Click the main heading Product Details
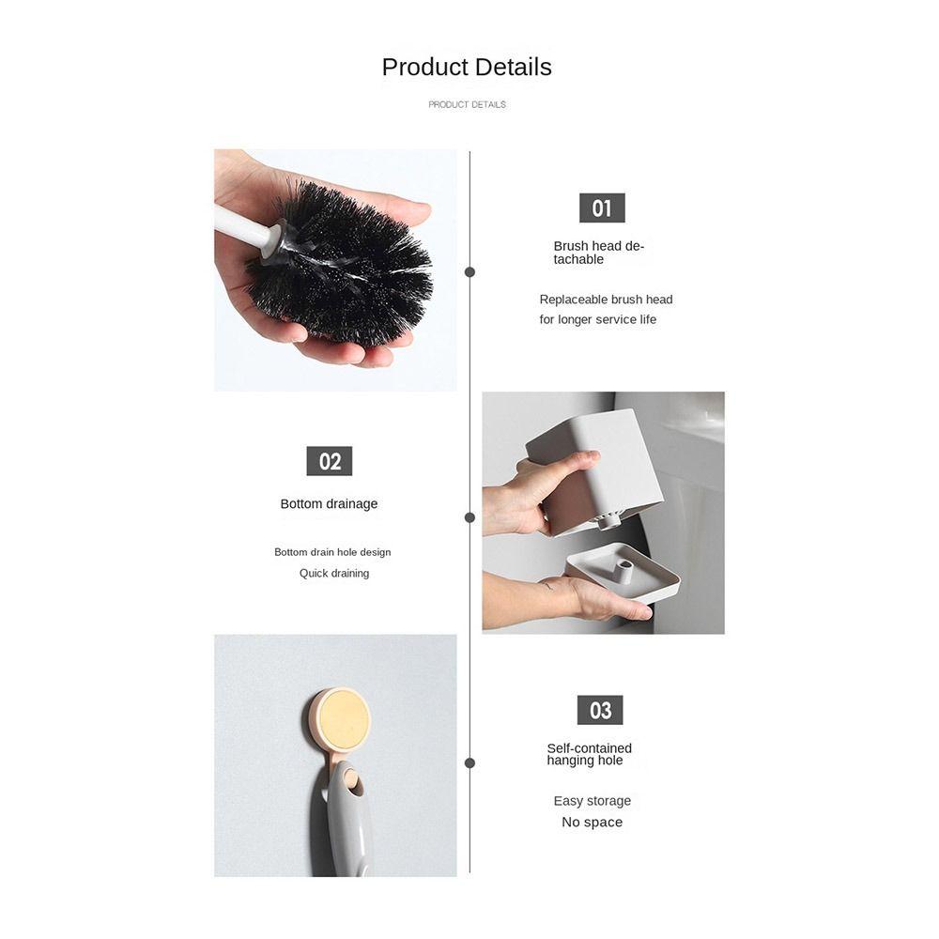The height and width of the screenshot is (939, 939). (467, 68)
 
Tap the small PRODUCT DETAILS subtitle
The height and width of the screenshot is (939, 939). (467, 104)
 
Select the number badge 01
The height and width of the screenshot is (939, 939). (601, 208)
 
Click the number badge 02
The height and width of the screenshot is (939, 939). (330, 461)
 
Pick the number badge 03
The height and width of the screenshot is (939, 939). (600, 710)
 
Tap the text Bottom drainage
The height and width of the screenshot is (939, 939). (329, 504)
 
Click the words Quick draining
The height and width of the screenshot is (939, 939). (334, 573)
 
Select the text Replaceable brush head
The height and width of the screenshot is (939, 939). (606, 300)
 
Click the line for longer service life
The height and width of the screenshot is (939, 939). (597, 319)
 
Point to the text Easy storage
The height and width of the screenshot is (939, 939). (592, 801)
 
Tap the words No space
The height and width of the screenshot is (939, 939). (592, 823)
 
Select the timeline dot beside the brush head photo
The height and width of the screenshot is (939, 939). (469, 272)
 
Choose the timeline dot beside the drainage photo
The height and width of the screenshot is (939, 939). (469, 517)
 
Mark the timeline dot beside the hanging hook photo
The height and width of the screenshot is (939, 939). (469, 763)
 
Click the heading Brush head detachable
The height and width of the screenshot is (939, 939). (598, 253)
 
